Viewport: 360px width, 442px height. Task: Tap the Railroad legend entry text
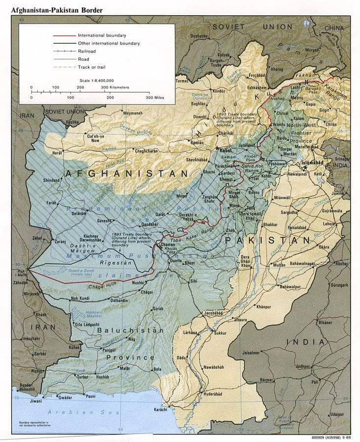pyautogui.click(x=86, y=51)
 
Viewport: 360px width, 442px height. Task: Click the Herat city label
pyautogui.click(x=58, y=153)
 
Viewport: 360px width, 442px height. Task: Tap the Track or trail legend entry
pyautogui.click(x=91, y=67)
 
